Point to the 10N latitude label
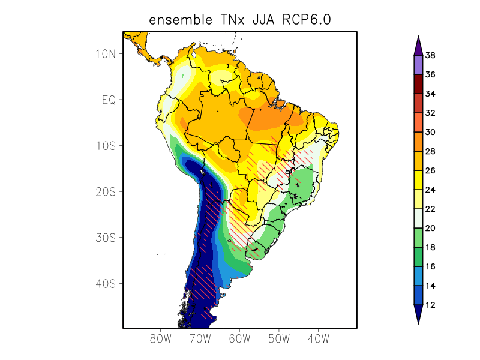(x=105, y=54)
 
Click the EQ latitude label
(x=108, y=100)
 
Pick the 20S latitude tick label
(x=104, y=191)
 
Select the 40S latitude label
(x=104, y=283)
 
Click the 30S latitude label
(x=104, y=238)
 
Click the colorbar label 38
(x=430, y=56)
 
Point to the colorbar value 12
(x=430, y=305)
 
